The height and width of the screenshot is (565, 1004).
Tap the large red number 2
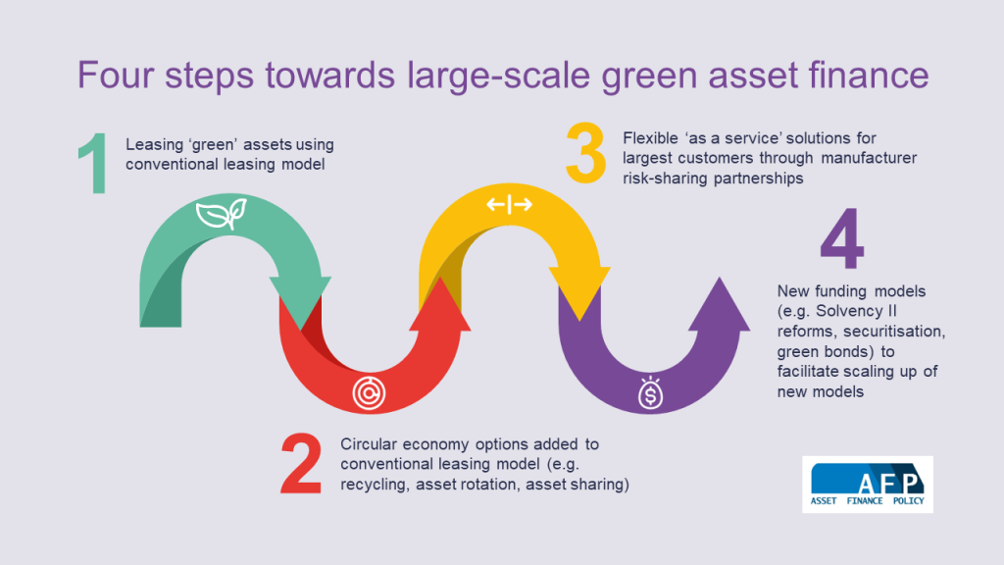tap(301, 465)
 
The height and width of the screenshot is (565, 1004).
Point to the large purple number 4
tap(842, 241)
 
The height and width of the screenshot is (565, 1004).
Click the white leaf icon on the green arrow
tap(216, 215)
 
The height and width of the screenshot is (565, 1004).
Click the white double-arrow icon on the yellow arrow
tap(509, 204)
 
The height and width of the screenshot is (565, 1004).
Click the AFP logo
tap(868, 485)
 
